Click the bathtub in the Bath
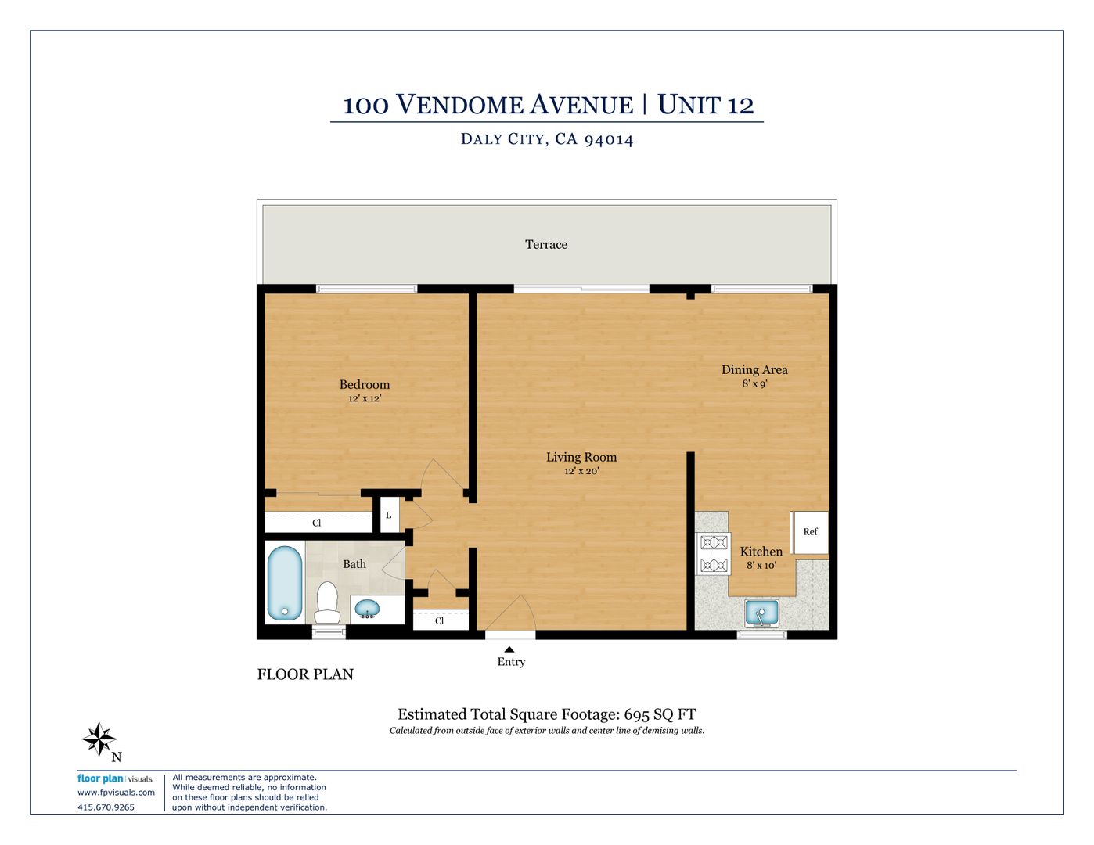284,583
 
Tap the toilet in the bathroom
327,602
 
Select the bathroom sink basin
367,609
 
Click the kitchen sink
761,613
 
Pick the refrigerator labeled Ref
810,532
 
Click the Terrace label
546,245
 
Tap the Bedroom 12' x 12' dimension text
365,398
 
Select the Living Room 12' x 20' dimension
581,471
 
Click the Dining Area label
754,370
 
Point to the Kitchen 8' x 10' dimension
761,565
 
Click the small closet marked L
389,515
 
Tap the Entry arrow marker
509,649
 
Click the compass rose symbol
99,739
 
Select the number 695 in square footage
636,714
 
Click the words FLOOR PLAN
306,674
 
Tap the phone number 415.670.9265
106,807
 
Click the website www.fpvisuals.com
116,793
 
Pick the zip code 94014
608,139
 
